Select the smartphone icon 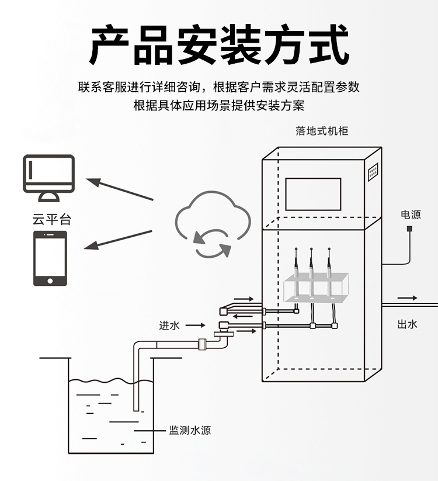pyautogui.click(x=50, y=258)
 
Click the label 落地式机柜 pyautogui.click(x=322, y=131)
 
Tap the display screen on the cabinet pyautogui.click(x=312, y=194)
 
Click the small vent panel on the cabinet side pyautogui.click(x=373, y=171)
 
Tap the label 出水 pyautogui.click(x=407, y=324)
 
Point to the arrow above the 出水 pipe pyautogui.click(x=408, y=298)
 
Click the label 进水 pyautogui.click(x=169, y=326)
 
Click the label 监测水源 pyautogui.click(x=190, y=431)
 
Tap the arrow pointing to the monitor pyautogui.click(x=120, y=189)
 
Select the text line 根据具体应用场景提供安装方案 pyautogui.click(x=219, y=106)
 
